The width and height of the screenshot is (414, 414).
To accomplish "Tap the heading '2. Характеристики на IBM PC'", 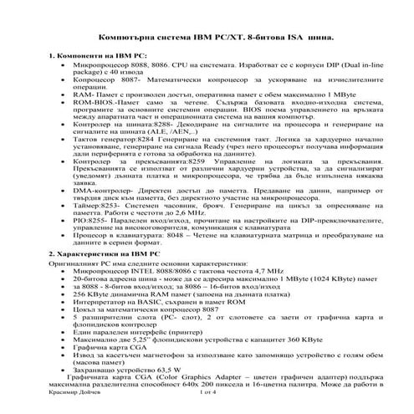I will [98, 252].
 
